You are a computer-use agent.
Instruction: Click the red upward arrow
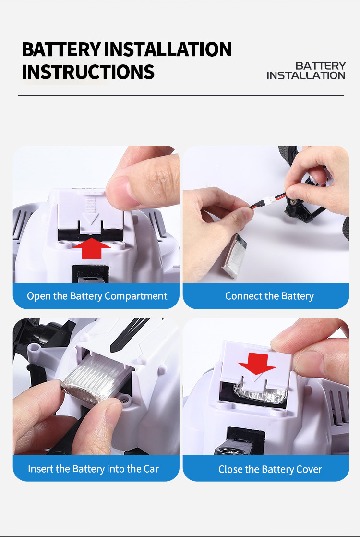(x=92, y=248)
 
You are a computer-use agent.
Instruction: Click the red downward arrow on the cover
(x=257, y=363)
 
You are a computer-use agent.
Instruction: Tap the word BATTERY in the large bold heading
(x=61, y=49)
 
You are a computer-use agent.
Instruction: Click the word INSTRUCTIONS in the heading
(x=88, y=72)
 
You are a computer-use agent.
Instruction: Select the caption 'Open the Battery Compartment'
(x=97, y=296)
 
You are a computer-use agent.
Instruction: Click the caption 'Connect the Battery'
(x=269, y=296)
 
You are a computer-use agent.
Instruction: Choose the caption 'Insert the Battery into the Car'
(x=93, y=468)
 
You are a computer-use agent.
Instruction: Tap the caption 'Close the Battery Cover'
(x=270, y=469)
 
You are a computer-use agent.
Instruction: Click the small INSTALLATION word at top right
(x=306, y=75)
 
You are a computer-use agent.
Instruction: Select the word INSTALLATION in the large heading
(x=168, y=49)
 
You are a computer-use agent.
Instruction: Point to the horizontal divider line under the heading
(x=180, y=95)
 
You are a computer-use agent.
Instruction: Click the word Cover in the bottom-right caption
(x=310, y=469)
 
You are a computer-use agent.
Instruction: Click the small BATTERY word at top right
(x=321, y=65)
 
